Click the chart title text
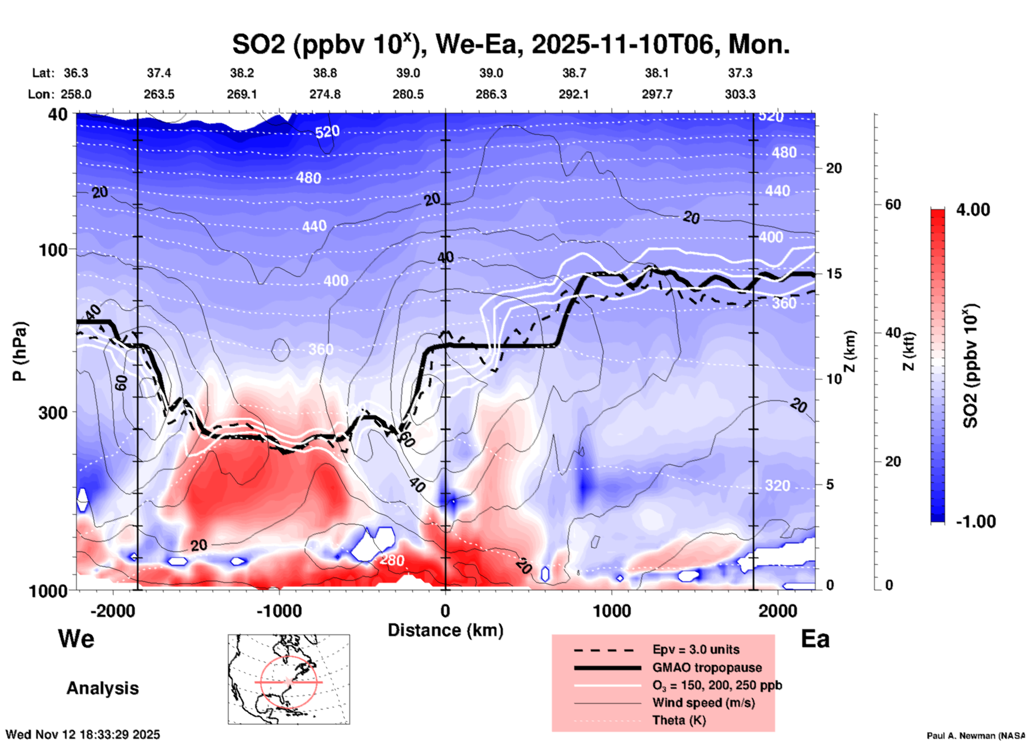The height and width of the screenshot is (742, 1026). click(x=510, y=45)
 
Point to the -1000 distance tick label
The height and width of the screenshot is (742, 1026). click(x=279, y=611)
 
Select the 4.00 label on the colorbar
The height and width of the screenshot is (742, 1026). click(x=973, y=210)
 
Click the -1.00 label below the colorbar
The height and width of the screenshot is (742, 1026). click(x=975, y=521)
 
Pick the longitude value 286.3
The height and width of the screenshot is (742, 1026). click(x=491, y=94)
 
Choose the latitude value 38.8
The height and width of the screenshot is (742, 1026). click(x=325, y=73)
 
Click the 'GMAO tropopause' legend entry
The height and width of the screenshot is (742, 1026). click(x=707, y=667)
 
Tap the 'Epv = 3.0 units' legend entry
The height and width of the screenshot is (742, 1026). click(x=696, y=649)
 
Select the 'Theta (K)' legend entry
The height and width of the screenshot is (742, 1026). click(x=679, y=720)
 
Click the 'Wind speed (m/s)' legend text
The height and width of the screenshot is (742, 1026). click(x=703, y=703)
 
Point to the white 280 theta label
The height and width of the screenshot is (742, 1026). click(x=392, y=560)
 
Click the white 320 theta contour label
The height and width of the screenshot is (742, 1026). click(x=777, y=485)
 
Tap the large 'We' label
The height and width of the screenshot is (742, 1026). click(x=76, y=638)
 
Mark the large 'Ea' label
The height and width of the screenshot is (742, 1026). click(x=815, y=639)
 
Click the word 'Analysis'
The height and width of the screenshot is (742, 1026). click(x=102, y=688)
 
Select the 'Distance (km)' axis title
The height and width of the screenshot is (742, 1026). click(x=445, y=630)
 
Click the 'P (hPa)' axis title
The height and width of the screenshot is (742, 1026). click(x=20, y=351)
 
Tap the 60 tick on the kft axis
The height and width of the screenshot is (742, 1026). click(x=893, y=204)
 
